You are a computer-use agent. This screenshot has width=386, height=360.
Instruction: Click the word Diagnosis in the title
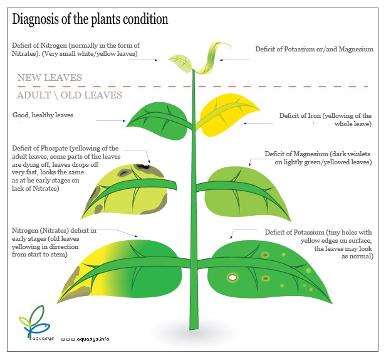(x=36, y=19)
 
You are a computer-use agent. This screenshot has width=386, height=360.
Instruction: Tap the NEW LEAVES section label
(x=50, y=78)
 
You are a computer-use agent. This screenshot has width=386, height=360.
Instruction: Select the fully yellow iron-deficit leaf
(x=227, y=115)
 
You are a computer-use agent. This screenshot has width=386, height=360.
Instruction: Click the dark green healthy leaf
(x=157, y=121)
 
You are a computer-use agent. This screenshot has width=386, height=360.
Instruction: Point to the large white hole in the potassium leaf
(x=232, y=278)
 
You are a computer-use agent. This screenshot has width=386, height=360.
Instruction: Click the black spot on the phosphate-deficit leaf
(x=143, y=167)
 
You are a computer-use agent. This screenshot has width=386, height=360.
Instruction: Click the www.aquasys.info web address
(x=85, y=339)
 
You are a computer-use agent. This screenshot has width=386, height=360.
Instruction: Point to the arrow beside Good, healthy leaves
(x=111, y=121)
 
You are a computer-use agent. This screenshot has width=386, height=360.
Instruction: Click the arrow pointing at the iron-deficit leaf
(x=258, y=123)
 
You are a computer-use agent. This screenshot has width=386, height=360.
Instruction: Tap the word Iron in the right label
(x=307, y=115)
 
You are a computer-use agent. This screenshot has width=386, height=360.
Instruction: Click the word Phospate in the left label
(x=54, y=149)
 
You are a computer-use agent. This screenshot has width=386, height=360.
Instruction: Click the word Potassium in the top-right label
(x=300, y=49)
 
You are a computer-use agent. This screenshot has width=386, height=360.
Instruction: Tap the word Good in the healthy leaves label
(x=21, y=115)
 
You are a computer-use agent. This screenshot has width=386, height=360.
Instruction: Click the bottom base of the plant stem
(x=194, y=328)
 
